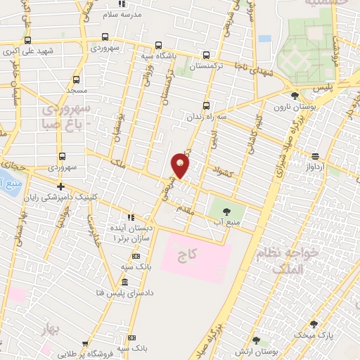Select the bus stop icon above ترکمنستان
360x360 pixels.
tap(206, 54)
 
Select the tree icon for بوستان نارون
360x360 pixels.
tap(295, 96)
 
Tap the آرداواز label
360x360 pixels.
tap(314, 168)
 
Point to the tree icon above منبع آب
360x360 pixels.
tap(225, 210)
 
